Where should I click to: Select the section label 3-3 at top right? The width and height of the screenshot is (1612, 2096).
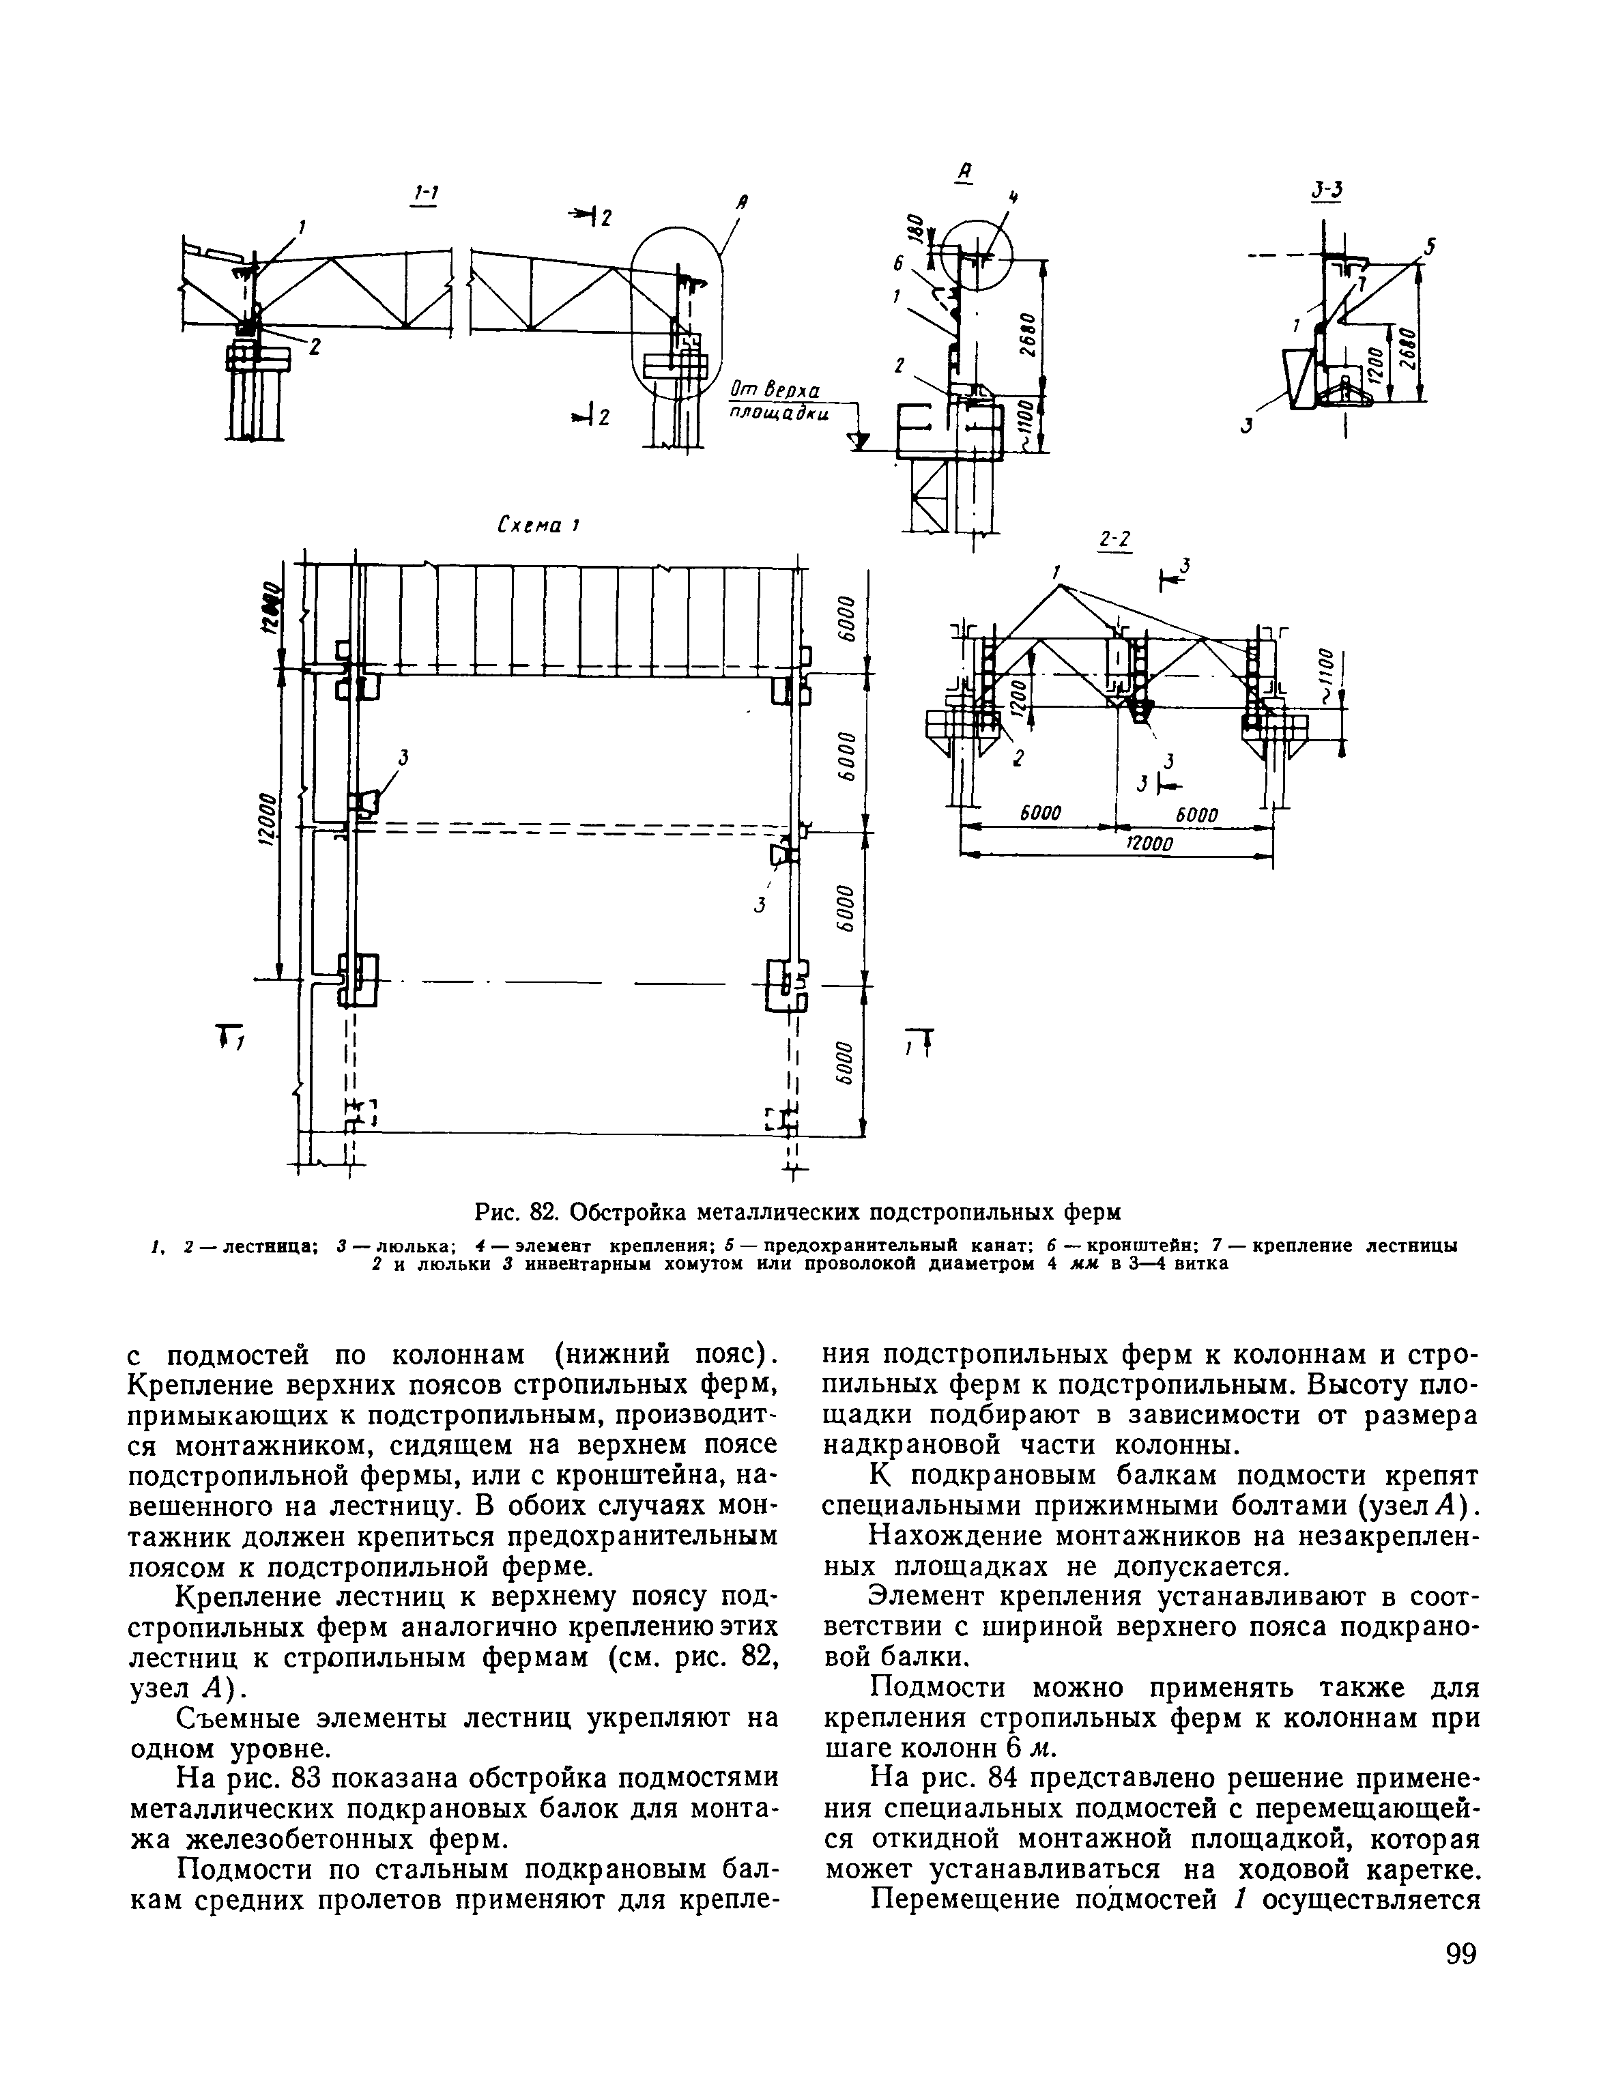1328,192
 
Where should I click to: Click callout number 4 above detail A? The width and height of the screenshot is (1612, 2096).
1013,198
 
